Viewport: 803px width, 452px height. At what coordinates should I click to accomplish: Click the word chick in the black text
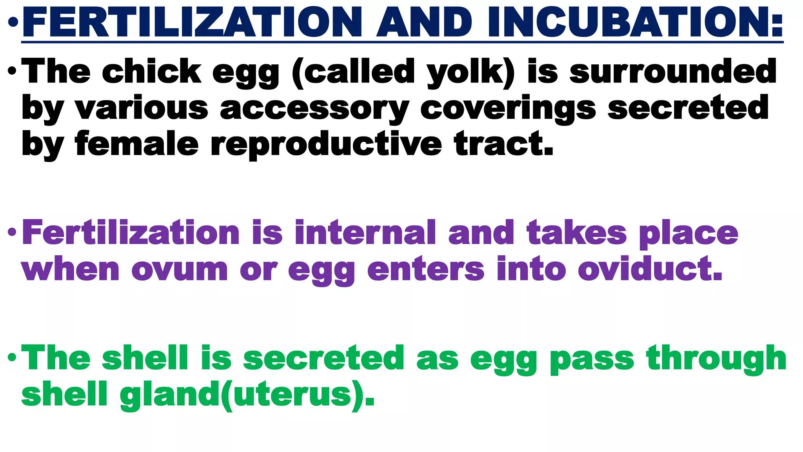click(x=152, y=71)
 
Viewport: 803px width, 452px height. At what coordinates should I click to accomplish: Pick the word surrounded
click(x=673, y=71)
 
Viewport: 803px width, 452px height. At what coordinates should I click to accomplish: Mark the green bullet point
click(x=12, y=357)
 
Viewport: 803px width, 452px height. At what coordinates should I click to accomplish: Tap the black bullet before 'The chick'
click(x=12, y=71)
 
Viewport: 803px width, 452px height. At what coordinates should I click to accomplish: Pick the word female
click(x=137, y=144)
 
